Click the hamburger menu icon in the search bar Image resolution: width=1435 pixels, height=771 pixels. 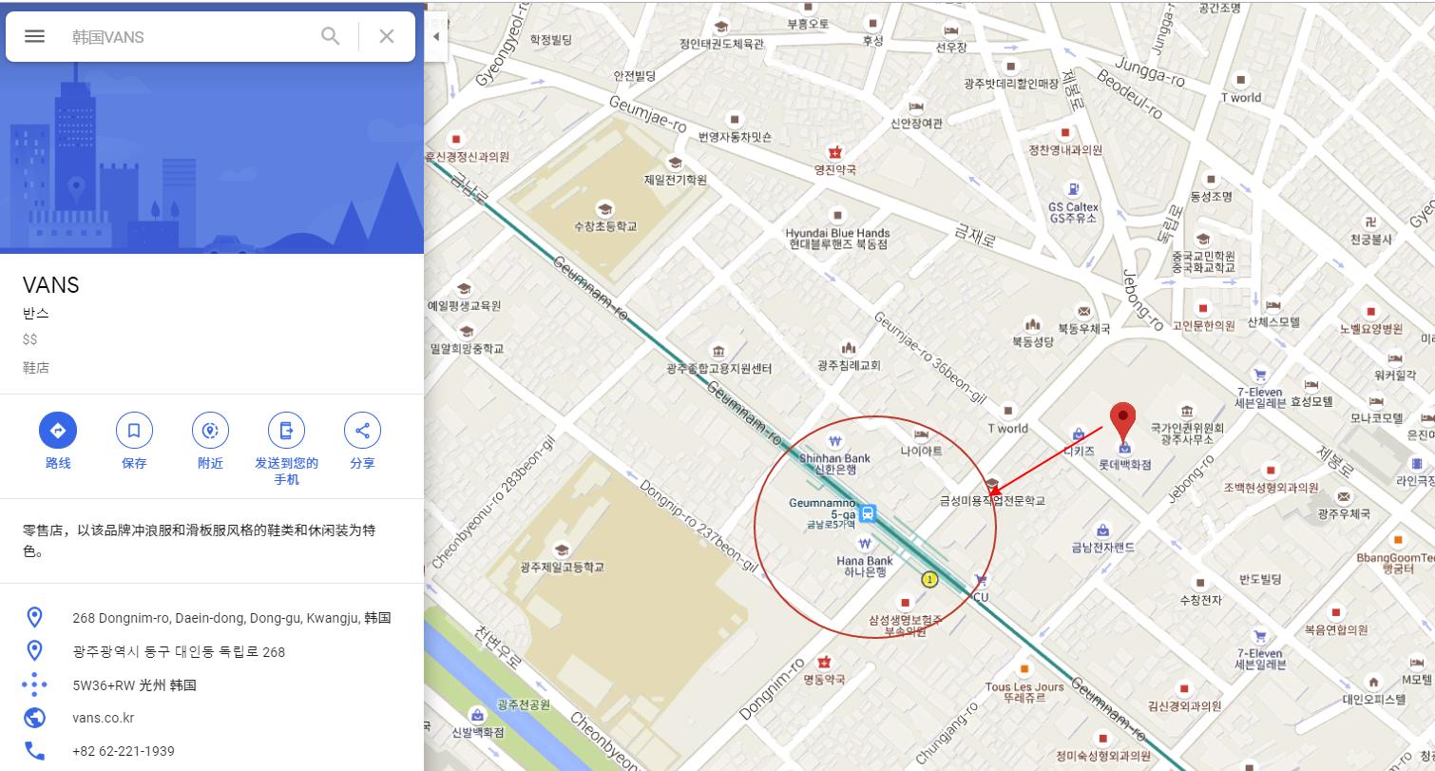pos(34,36)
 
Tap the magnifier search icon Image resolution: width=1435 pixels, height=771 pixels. pos(331,36)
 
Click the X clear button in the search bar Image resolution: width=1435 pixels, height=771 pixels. pos(386,36)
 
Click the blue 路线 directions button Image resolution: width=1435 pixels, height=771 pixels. pos(57,431)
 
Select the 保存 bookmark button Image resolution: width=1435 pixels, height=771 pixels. pos(134,431)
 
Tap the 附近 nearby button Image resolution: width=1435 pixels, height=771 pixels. pos(210,431)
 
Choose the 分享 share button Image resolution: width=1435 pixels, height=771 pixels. pos(362,431)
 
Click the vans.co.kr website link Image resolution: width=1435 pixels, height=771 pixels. pos(103,718)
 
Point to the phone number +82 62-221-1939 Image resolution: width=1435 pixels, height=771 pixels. pos(123,751)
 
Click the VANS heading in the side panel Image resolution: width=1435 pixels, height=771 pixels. pos(51,285)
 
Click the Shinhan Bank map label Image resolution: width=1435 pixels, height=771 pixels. pos(834,463)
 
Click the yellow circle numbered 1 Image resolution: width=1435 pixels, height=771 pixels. pos(929,579)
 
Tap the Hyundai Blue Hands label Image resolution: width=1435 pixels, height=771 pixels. pos(837,238)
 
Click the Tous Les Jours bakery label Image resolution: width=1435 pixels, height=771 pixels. pos(1024,691)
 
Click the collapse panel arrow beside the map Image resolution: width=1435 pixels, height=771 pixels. pos(435,36)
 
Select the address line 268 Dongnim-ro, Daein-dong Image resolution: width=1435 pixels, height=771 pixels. pos(231,618)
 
